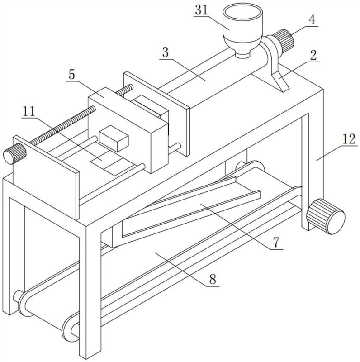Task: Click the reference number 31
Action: click(x=201, y=10)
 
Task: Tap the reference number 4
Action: click(x=312, y=20)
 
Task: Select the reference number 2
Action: click(x=313, y=55)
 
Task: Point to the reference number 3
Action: click(x=166, y=52)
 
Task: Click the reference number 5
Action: click(x=72, y=75)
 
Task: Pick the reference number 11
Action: click(x=29, y=111)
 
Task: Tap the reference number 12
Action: click(x=349, y=139)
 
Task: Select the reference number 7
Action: click(x=276, y=243)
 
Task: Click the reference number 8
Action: click(x=213, y=279)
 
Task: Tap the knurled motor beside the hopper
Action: click(x=284, y=41)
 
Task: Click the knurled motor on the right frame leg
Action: click(x=326, y=216)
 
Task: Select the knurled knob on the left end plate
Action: click(x=14, y=153)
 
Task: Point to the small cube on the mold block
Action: click(x=114, y=138)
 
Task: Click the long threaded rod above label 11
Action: click(x=62, y=125)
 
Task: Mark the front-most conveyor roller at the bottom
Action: click(x=71, y=329)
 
